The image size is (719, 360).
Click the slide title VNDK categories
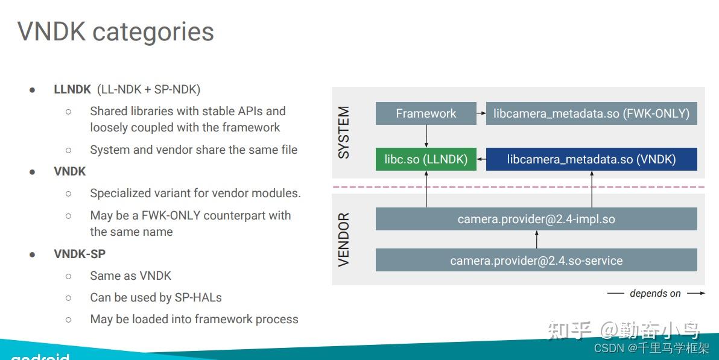[x=115, y=31]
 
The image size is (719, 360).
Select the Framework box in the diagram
[x=426, y=113]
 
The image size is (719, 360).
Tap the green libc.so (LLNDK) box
[x=426, y=159]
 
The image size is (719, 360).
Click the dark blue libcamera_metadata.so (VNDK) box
[x=591, y=159]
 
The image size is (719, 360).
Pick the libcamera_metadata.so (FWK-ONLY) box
[x=591, y=113]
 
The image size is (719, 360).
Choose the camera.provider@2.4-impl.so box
[x=536, y=219]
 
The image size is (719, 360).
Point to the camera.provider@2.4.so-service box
[x=536, y=261]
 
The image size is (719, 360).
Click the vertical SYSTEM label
[x=344, y=133]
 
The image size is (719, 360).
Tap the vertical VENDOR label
[x=344, y=239]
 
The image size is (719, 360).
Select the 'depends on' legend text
[x=655, y=294]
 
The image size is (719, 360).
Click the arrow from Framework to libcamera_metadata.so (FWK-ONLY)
[x=481, y=113]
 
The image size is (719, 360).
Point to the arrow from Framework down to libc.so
[x=426, y=136]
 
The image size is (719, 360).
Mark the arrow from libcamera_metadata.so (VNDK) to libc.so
[x=481, y=159]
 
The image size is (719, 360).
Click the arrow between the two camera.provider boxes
[x=536, y=240]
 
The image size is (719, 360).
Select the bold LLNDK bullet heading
[x=72, y=89]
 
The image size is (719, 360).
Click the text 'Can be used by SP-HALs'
[x=156, y=297]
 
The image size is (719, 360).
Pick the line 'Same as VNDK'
[x=130, y=276]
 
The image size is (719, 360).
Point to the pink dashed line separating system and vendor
[x=519, y=187]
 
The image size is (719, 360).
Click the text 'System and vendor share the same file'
[x=194, y=150]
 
